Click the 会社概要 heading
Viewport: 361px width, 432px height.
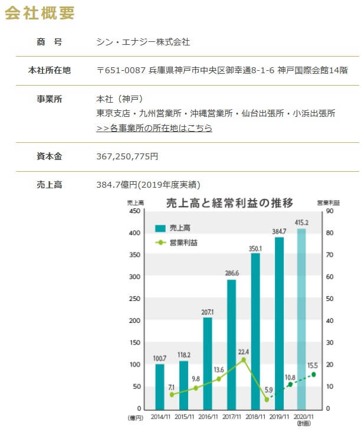tap(40, 13)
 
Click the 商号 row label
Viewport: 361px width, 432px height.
tap(49, 42)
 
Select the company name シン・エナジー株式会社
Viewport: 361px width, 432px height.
tap(143, 42)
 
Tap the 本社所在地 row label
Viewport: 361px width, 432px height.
tap(49, 70)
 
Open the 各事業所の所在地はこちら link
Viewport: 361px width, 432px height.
tap(154, 128)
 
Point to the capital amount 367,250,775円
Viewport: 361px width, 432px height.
tap(127, 157)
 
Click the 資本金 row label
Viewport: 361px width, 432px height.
tap(49, 157)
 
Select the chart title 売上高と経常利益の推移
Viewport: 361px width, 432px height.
tap(229, 204)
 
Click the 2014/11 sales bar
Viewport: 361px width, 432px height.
tap(160, 387)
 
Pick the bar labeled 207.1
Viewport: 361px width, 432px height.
tap(208, 363)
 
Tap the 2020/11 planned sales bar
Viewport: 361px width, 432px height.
tap(302, 319)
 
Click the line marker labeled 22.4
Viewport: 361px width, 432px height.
tap(243, 359)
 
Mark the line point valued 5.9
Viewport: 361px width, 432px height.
tap(267, 400)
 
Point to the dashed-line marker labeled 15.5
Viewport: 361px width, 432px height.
tap(314, 374)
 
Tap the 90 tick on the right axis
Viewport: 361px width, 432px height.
tap(330, 211)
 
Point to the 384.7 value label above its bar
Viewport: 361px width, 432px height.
tap(278, 231)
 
